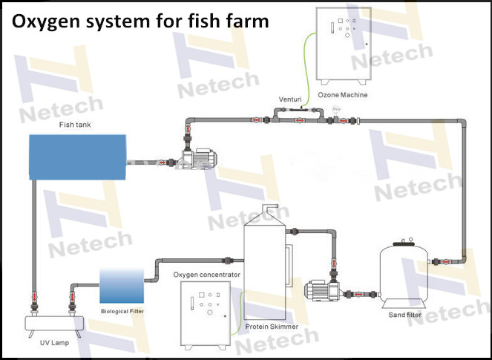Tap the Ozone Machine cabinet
343,44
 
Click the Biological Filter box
122,287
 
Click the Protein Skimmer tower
265,267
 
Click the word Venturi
289,99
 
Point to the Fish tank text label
75,125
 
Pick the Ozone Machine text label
342,95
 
